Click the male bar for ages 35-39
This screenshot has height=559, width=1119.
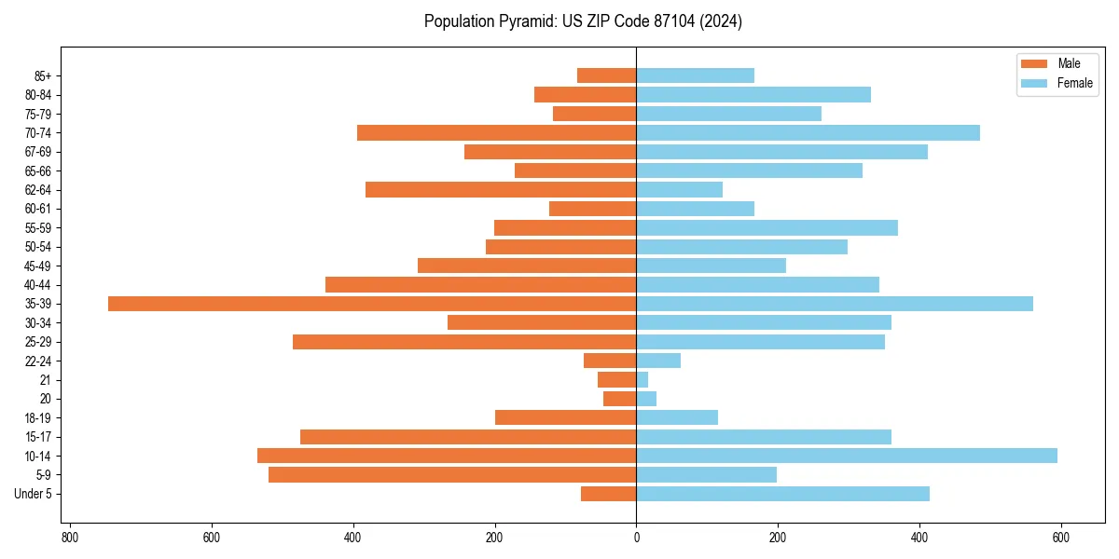click(x=372, y=304)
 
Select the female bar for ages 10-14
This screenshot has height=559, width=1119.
click(x=847, y=456)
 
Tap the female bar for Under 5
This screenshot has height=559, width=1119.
click(x=782, y=494)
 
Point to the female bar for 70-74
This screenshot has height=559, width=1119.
click(x=808, y=132)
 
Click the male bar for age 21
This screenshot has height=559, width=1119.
click(x=617, y=379)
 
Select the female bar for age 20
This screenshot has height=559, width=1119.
click(x=646, y=399)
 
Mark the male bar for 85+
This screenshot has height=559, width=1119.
click(x=607, y=75)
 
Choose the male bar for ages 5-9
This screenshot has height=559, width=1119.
click(x=452, y=474)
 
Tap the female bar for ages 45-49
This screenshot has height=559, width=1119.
click(x=711, y=266)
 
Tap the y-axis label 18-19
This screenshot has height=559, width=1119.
click(x=38, y=418)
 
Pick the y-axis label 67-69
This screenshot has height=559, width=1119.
click(x=38, y=152)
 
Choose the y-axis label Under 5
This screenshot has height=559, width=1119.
click(x=33, y=494)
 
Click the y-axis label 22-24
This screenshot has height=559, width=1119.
click(x=38, y=361)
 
